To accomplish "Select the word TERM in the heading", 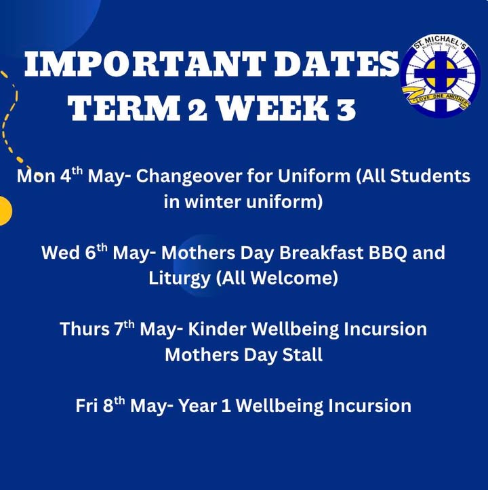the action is click(x=124, y=108).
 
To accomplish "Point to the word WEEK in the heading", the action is click(x=273, y=108).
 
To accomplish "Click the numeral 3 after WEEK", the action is click(x=346, y=108).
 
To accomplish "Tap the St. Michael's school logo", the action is click(x=441, y=75).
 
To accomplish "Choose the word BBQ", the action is click(x=388, y=253).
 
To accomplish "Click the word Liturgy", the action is click(x=179, y=279).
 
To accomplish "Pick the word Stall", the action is click(x=302, y=354).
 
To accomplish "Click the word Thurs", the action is click(x=84, y=329).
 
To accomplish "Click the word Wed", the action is click(x=60, y=253).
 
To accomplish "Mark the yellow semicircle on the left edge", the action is click(x=5, y=211).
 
